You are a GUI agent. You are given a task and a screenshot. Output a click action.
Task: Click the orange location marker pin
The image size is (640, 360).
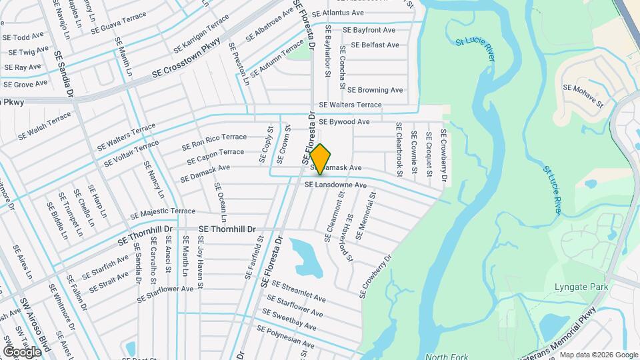(320, 159)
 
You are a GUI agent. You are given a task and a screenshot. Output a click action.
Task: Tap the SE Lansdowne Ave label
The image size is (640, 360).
(336, 185)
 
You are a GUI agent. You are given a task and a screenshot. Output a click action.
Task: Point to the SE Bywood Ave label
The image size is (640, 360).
(344, 122)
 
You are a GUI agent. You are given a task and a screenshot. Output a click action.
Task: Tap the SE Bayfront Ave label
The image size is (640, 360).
(369, 30)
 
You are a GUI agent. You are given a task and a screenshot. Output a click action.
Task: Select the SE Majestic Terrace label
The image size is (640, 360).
(154, 211)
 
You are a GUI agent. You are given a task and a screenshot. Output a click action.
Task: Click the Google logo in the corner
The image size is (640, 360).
(22, 351)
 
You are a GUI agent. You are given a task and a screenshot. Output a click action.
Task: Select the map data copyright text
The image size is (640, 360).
(598, 355)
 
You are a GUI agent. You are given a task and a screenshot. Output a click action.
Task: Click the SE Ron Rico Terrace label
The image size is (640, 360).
(215, 141)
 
